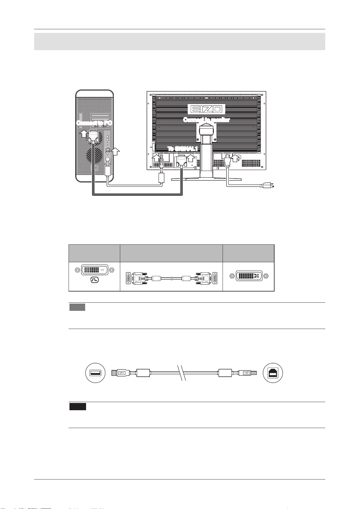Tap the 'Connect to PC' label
tap(94, 123)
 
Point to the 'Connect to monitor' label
tap(207, 120)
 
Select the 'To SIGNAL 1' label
tap(182, 149)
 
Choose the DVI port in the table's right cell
tap(249, 276)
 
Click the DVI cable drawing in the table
tap(171, 278)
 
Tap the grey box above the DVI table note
tap(77, 307)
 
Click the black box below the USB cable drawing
tap(78, 406)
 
